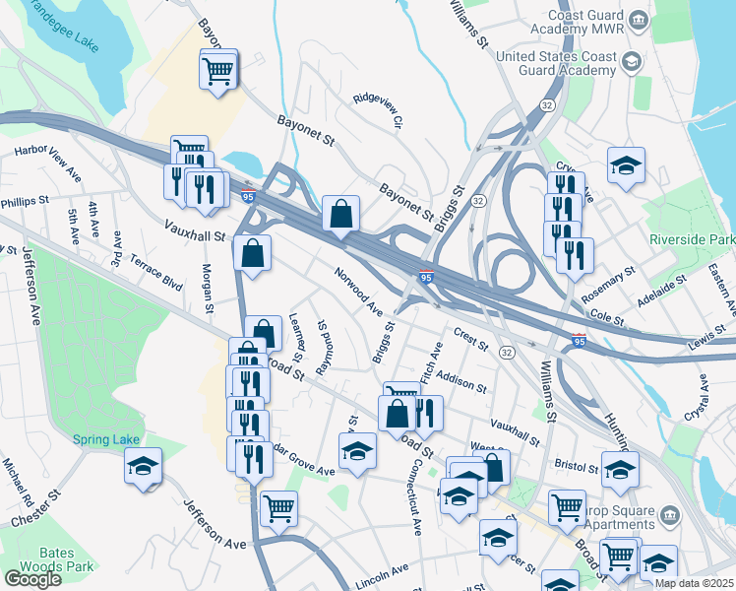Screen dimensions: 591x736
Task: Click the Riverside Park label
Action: coord(692,239)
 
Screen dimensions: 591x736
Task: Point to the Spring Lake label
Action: coord(102,438)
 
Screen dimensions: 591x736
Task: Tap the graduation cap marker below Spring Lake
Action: coord(143,466)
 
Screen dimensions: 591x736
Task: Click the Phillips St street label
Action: coord(25,200)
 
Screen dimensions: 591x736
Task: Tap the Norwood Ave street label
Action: coord(358,292)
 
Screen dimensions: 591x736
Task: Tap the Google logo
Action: coord(32,579)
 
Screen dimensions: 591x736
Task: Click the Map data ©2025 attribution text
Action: coord(695,583)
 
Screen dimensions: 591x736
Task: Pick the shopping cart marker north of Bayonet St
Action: coord(218,69)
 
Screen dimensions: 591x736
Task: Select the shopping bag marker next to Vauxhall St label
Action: coord(253,253)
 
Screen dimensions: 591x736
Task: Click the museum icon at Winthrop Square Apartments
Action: coord(669,515)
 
